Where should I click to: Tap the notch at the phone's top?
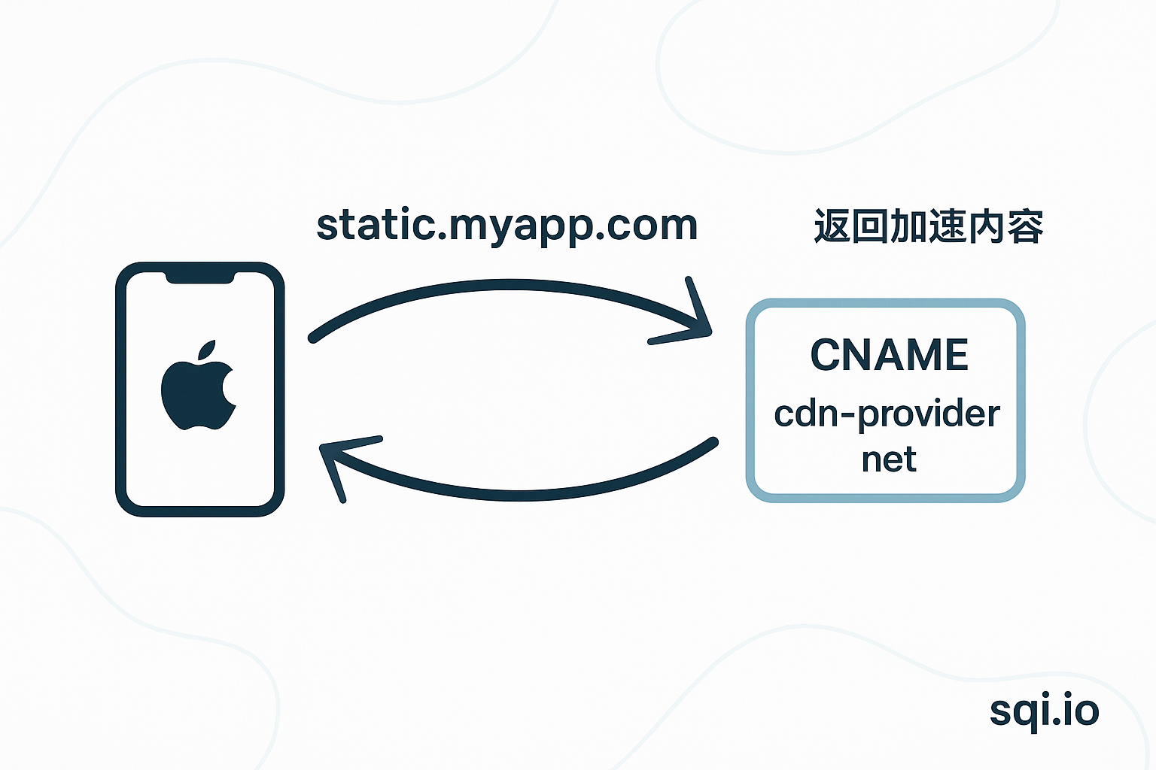point(199,277)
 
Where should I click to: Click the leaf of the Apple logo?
point(207,350)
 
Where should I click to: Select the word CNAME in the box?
point(889,355)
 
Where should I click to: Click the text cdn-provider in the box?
point(887,414)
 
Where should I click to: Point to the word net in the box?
point(889,459)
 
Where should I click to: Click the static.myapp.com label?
point(507,226)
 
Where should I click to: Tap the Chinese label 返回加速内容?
point(929,226)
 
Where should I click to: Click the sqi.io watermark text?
point(1044,711)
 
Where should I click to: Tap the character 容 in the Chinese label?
point(1025,226)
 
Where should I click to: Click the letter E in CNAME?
point(955,355)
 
